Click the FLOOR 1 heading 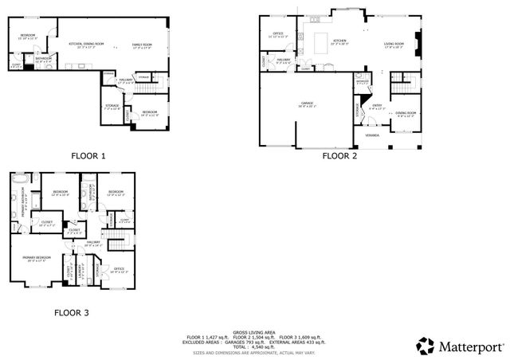click(x=88, y=156)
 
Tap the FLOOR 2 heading click(x=339, y=156)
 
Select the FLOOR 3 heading click(x=71, y=313)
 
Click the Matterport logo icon click(x=426, y=345)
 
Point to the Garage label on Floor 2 click(x=307, y=104)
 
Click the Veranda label click(x=372, y=135)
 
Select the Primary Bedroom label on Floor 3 click(x=37, y=258)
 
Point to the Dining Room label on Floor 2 click(x=406, y=113)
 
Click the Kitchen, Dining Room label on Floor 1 click(x=86, y=45)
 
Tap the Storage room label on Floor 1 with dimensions click(x=112, y=108)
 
